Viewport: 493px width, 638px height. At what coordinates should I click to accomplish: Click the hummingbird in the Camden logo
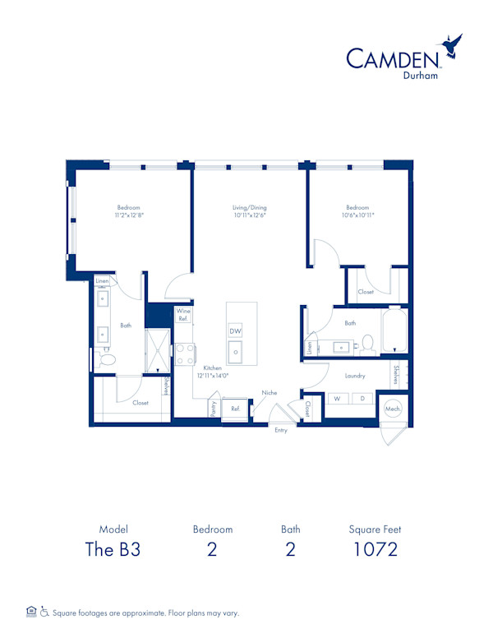click(451, 45)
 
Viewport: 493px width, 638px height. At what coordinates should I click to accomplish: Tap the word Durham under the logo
click(420, 76)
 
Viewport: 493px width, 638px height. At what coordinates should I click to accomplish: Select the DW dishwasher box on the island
click(235, 331)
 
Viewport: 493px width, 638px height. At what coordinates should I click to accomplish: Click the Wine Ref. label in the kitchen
click(183, 315)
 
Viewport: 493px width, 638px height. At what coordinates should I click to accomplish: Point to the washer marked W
click(337, 399)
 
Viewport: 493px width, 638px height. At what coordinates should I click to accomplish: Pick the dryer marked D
click(362, 399)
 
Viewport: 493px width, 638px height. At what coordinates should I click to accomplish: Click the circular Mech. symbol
click(393, 409)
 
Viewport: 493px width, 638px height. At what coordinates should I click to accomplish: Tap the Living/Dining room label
click(249, 207)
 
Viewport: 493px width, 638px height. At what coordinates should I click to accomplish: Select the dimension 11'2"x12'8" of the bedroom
click(129, 215)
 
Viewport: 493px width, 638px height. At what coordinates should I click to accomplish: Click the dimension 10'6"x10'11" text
click(357, 215)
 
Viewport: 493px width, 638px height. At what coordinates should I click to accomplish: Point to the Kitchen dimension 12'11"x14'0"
click(213, 376)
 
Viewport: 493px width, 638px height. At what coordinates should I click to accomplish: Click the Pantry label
click(214, 408)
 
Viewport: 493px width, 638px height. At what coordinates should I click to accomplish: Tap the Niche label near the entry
click(270, 393)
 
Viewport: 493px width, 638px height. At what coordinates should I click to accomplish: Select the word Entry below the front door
click(281, 430)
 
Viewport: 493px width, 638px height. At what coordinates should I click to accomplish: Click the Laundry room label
click(355, 376)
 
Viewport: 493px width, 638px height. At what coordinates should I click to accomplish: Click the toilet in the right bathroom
click(368, 343)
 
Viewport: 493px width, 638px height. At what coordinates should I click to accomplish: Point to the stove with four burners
click(185, 354)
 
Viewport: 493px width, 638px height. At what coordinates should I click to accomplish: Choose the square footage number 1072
click(375, 549)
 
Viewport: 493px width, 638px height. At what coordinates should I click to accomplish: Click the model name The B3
click(113, 549)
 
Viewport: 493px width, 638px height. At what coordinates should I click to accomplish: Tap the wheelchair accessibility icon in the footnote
click(44, 612)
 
